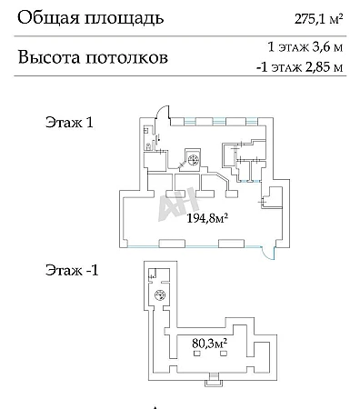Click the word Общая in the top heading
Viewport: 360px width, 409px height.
[x=48, y=18]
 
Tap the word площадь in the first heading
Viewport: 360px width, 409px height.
[x=124, y=19]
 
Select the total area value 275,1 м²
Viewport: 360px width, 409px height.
[x=318, y=20]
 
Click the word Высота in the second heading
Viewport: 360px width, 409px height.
[x=49, y=57]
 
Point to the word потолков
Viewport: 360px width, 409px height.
[x=127, y=57]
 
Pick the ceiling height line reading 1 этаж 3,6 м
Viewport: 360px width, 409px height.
[x=305, y=47]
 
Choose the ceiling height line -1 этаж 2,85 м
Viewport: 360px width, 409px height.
[x=300, y=67]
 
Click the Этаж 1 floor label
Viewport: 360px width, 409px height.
[x=69, y=123]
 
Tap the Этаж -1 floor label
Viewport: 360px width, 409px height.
[x=72, y=270]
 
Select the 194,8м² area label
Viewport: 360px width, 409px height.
[x=207, y=217]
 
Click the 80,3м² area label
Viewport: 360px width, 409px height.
[x=210, y=344]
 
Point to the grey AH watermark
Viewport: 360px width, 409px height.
[x=178, y=204]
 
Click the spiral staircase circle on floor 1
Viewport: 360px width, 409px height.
[x=193, y=159]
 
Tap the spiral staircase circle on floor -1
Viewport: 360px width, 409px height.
[x=159, y=294]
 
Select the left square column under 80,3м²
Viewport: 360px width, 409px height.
[x=196, y=353]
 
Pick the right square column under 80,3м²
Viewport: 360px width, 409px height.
[x=224, y=353]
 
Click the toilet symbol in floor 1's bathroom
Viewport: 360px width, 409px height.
[x=148, y=146]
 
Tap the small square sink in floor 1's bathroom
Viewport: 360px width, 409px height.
[x=146, y=131]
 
